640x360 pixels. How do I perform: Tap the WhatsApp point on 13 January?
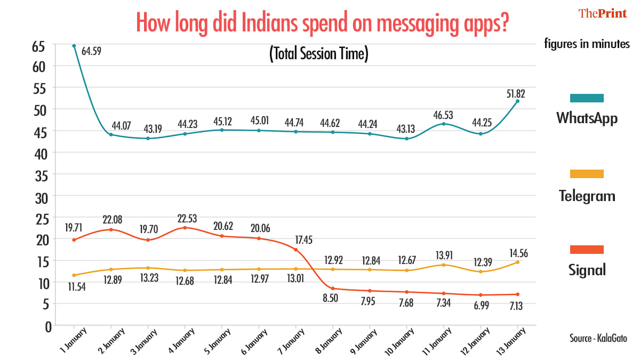point(517,101)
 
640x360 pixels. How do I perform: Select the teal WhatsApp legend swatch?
point(587,98)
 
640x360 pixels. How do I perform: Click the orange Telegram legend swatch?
point(587,174)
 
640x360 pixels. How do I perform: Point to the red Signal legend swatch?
point(587,250)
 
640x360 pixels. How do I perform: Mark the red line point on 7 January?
point(295,250)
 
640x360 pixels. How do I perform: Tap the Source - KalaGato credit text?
point(598,338)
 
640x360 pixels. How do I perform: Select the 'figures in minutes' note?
point(587,44)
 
